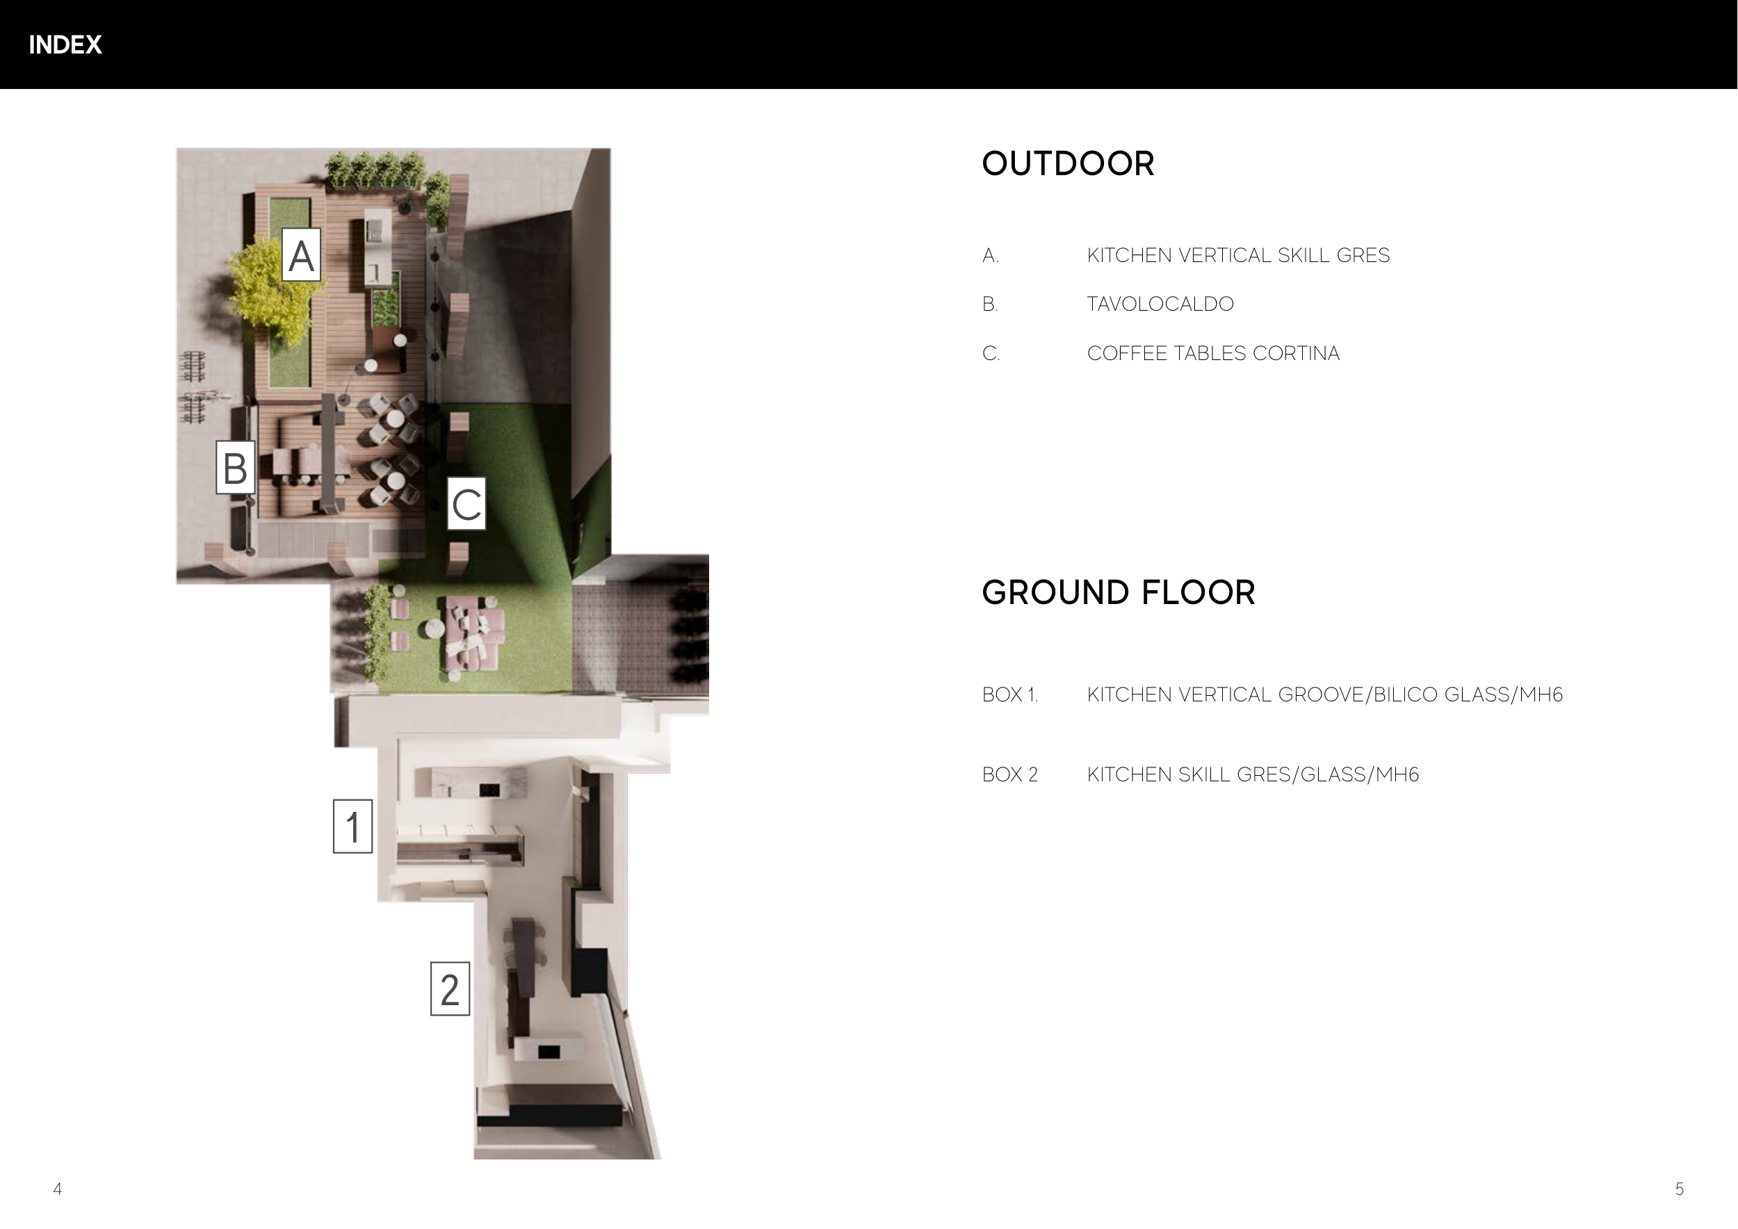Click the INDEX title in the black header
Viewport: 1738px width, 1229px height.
coord(65,45)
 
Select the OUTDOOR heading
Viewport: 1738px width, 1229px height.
coord(1068,163)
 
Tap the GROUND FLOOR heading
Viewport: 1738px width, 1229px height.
coord(1118,592)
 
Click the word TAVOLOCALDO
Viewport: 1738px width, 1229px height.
coord(1160,304)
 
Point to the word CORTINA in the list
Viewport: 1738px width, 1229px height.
coord(1296,353)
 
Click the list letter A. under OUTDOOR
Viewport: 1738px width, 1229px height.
coord(990,256)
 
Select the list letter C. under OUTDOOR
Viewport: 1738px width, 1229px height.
coord(991,353)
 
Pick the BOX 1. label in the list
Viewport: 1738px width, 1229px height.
coord(1010,694)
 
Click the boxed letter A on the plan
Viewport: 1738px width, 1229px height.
coord(301,255)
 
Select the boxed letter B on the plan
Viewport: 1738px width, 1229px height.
coord(236,467)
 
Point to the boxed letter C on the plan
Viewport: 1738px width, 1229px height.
coord(466,503)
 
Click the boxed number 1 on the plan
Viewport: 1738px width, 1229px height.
coord(352,827)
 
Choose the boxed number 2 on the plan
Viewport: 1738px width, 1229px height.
coord(450,989)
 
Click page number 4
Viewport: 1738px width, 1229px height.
coord(58,1189)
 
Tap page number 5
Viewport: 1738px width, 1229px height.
coord(1680,1189)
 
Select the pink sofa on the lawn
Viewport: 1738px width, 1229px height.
coord(474,634)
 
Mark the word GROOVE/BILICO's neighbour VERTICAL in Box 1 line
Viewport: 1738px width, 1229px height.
coord(1226,694)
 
